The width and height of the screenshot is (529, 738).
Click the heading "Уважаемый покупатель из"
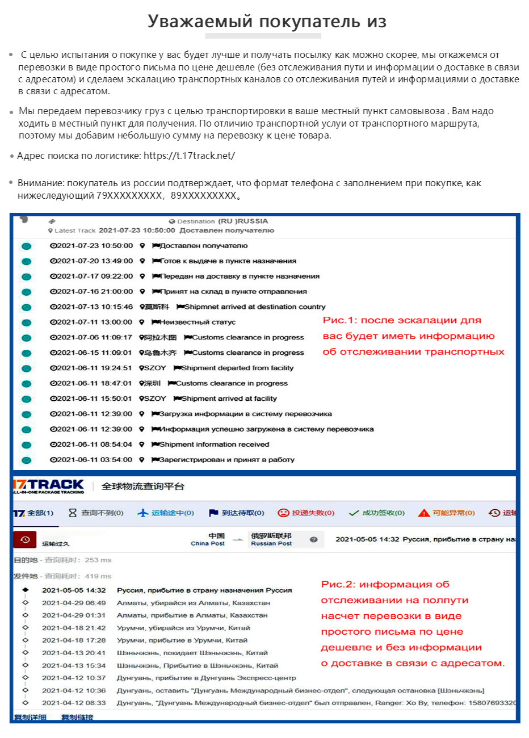click(x=267, y=22)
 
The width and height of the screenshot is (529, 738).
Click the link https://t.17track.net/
click(x=189, y=156)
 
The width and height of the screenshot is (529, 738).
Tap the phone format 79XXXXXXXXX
click(x=129, y=196)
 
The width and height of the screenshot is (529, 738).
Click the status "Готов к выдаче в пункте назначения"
click(x=228, y=261)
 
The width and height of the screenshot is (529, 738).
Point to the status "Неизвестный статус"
click(x=197, y=322)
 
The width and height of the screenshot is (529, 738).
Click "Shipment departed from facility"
click(x=237, y=368)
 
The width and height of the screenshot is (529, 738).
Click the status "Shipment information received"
click(x=214, y=445)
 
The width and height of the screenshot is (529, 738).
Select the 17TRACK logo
click(x=49, y=486)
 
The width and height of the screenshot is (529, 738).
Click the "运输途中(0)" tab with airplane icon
click(x=166, y=513)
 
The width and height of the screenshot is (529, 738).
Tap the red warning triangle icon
click(x=423, y=513)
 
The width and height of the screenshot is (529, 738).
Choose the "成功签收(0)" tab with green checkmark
click(x=377, y=513)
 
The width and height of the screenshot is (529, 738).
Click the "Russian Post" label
click(x=271, y=543)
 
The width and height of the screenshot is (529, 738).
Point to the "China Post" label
click(x=208, y=543)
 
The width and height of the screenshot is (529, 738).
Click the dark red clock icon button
click(x=25, y=539)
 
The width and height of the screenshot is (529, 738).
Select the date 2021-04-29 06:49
click(x=74, y=603)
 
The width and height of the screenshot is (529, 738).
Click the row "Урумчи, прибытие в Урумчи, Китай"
click(x=182, y=640)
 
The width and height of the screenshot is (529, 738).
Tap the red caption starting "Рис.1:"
click(x=402, y=321)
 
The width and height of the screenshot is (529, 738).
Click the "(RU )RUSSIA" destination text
click(x=243, y=221)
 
